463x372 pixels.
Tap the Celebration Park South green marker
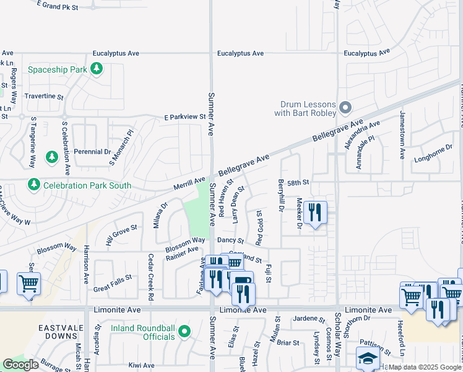pyautogui.click(x=33, y=185)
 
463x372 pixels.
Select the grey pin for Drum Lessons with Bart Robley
pyautogui.click(x=345, y=108)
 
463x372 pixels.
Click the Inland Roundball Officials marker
pyautogui.click(x=184, y=332)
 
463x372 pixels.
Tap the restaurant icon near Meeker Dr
pyautogui.click(x=315, y=213)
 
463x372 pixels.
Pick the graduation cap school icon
pyautogui.click(x=368, y=358)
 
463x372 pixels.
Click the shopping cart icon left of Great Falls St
pyautogui.click(x=28, y=284)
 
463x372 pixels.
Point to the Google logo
pyautogui.click(x=20, y=365)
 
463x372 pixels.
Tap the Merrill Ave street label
pyautogui.click(x=189, y=180)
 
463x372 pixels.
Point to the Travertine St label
pyautogui.click(x=43, y=97)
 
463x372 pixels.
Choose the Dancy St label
pyautogui.click(x=231, y=241)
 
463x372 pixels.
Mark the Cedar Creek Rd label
pyautogui.click(x=150, y=277)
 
